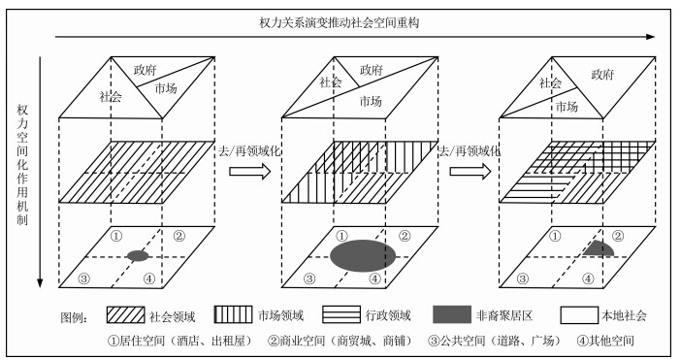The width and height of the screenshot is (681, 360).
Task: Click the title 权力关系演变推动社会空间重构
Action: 339,22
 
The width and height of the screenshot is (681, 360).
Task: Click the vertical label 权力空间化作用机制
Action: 22,165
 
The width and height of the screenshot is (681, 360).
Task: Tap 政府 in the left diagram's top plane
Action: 145,70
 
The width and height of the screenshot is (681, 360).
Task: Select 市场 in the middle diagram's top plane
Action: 371,101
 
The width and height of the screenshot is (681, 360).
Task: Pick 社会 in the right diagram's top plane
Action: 550,82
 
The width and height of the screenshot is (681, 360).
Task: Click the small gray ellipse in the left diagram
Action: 138,256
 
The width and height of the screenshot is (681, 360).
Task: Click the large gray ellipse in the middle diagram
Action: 363,255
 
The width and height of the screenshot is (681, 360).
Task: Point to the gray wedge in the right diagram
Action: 600,248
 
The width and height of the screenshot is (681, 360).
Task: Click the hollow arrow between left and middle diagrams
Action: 249,172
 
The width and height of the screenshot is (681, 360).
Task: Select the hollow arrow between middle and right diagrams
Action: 470,172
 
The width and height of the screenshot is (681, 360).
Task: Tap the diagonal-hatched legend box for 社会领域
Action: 125,314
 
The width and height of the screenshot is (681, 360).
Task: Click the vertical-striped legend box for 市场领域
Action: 233,314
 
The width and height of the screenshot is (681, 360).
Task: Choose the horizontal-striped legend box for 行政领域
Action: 341,314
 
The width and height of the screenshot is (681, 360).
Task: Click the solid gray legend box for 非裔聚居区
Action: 452,314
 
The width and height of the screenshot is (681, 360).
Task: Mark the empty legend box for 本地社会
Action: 579,315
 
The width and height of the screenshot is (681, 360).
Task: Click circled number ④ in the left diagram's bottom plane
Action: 149,278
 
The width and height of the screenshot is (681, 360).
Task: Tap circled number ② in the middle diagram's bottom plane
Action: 405,236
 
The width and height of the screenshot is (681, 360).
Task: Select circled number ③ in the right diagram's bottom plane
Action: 523,278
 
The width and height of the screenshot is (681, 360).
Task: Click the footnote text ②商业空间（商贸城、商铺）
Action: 340,341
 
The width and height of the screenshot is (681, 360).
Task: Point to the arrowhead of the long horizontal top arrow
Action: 651,37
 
